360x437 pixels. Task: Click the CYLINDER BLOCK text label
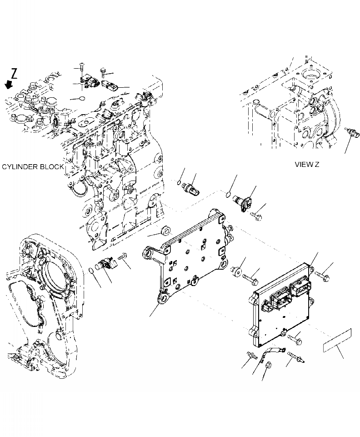33,167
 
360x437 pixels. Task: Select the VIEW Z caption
307,164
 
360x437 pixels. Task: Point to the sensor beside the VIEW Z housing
351,132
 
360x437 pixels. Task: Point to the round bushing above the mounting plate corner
165,229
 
